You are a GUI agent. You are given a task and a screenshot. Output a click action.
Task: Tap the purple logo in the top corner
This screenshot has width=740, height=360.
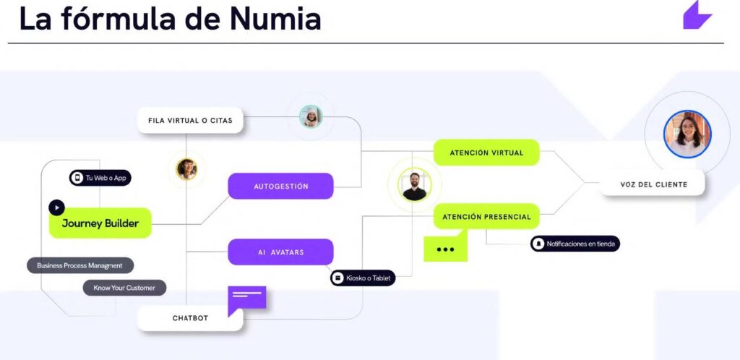[697, 15]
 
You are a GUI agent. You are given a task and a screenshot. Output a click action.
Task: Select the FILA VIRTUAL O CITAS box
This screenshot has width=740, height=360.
[190, 120]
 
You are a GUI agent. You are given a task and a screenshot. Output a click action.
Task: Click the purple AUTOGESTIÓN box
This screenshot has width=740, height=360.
[280, 186]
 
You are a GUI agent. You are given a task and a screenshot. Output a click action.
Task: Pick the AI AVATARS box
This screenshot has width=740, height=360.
[280, 252]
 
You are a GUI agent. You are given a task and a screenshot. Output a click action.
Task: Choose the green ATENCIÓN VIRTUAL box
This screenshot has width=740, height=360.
[486, 153]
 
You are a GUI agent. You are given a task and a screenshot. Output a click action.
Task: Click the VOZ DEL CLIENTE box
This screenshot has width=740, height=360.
[653, 184]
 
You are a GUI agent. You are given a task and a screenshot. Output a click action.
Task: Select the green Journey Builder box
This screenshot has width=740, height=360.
[100, 223]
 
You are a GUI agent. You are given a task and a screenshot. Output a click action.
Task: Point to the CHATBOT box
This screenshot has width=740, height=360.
[190, 318]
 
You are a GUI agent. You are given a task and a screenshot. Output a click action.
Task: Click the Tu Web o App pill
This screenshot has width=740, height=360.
[100, 178]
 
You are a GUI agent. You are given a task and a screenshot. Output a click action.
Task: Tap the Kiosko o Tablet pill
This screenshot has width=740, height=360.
[363, 278]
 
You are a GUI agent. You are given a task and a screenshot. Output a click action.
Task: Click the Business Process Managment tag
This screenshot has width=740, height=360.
[80, 265]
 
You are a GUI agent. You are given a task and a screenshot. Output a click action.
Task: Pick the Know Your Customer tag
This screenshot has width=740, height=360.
[124, 288]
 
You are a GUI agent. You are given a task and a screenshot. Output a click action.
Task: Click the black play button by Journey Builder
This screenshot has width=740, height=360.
[56, 207]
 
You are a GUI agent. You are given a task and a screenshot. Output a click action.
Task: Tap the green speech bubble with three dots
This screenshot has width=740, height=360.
[445, 248]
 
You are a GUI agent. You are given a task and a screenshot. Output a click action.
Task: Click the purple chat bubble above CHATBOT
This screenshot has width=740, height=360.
[247, 298]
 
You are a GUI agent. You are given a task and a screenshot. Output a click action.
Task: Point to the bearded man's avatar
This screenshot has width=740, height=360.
[414, 185]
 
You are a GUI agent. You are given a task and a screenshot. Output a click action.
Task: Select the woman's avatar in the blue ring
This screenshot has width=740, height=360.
[687, 134]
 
